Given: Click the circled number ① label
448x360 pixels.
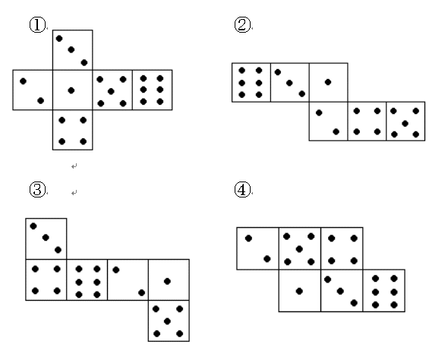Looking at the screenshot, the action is (x=37, y=25).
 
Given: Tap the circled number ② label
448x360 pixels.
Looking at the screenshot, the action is (x=242, y=24).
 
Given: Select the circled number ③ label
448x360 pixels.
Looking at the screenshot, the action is (x=37, y=189).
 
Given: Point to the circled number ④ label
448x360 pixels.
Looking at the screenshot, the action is (x=242, y=189).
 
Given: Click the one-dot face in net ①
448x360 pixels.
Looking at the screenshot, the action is (x=73, y=90).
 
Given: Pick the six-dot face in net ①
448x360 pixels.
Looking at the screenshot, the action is (x=153, y=90).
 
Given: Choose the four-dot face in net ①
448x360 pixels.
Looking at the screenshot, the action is (x=73, y=130).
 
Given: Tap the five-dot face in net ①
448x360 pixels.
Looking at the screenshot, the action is (x=112, y=90).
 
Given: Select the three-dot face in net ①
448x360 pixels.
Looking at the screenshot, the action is (x=73, y=50).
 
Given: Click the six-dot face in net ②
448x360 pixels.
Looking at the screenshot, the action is (x=251, y=83).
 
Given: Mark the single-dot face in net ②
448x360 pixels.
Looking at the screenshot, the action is (x=328, y=83).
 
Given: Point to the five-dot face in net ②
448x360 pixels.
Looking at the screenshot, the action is (x=405, y=122).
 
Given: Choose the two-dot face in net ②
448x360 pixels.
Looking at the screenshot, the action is (x=328, y=122).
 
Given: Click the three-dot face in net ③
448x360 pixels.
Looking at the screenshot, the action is (x=46, y=238).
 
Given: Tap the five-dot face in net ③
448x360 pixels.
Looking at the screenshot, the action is (x=169, y=321).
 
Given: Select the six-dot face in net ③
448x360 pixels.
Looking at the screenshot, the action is (x=87, y=280).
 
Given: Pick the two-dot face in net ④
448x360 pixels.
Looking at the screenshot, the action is (x=257, y=248).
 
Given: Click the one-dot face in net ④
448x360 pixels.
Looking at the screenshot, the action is (x=300, y=291).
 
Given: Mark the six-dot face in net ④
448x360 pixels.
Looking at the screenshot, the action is (x=384, y=291).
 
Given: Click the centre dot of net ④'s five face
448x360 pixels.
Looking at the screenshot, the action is (x=299, y=249).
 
